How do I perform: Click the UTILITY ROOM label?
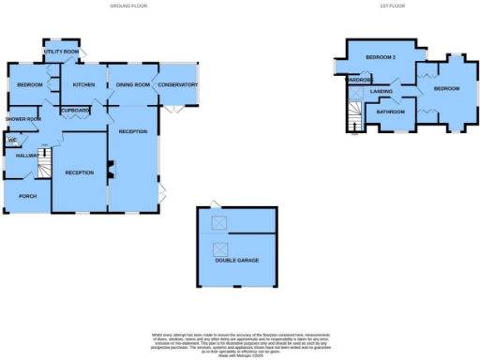point(63,52)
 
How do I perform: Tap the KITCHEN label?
point(84,85)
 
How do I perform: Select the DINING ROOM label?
point(133,85)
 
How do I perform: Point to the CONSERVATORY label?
point(177,85)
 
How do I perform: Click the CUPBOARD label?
point(75,111)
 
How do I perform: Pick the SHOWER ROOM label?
point(22,119)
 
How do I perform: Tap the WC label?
point(12,141)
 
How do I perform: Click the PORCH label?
point(27,196)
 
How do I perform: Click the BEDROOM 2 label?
point(382,58)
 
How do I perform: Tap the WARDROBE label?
point(357,80)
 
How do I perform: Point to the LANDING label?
point(382,91)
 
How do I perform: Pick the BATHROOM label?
point(390,112)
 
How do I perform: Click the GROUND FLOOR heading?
point(132,7)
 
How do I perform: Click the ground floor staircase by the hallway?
point(42,169)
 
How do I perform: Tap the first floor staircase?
point(354,116)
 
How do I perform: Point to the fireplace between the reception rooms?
point(110,169)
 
